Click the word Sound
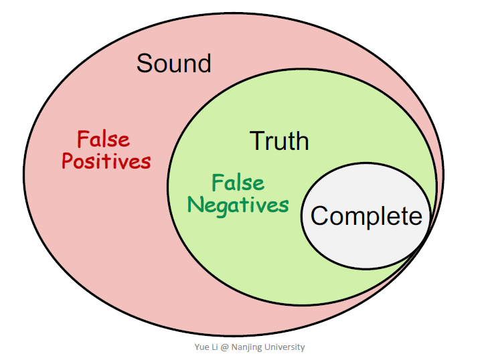click(174, 64)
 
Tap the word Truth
click(279, 141)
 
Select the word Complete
click(366, 216)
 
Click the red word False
click(103, 140)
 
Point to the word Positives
click(106, 162)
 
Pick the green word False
click(238, 183)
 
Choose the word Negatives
click(238, 205)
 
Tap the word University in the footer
click(284, 347)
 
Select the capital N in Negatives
click(195, 205)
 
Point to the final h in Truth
click(302, 141)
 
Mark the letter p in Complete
click(370, 218)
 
